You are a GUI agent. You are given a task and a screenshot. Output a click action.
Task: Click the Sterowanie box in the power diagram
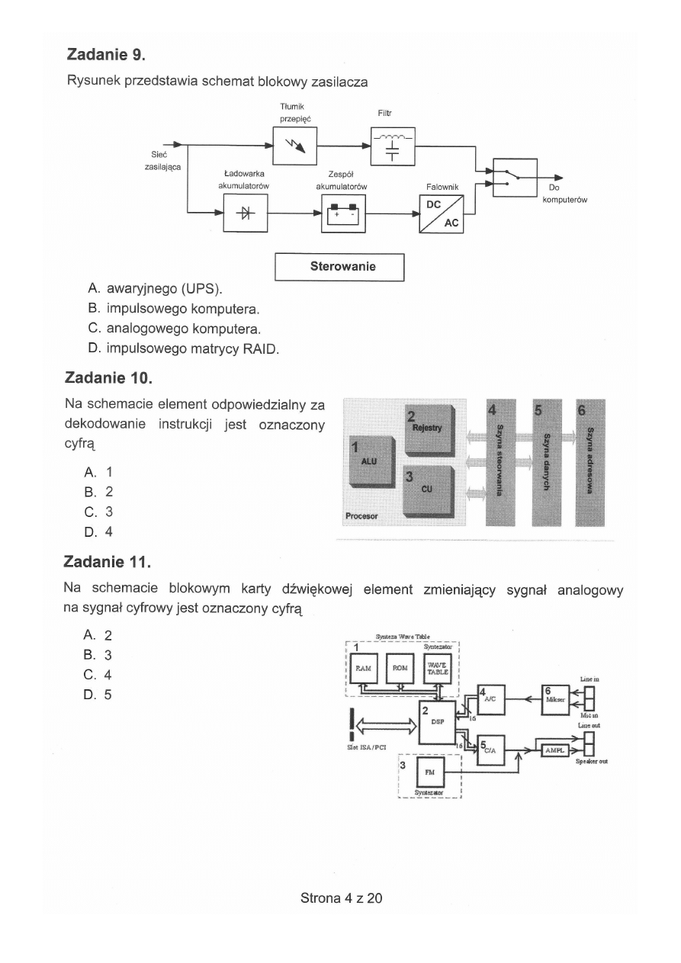click(x=339, y=267)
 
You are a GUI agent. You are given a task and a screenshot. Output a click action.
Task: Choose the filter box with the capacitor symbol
click(x=393, y=146)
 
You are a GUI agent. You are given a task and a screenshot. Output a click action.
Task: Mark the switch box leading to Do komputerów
click(x=516, y=177)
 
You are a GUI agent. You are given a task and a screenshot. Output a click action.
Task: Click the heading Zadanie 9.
click(x=106, y=55)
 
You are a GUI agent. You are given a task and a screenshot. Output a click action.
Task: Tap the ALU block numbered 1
click(x=371, y=462)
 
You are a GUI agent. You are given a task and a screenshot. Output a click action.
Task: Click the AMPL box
click(x=554, y=750)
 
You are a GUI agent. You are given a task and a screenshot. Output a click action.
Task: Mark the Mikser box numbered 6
click(x=554, y=698)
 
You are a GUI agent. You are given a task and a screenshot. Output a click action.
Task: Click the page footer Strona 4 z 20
click(x=341, y=897)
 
